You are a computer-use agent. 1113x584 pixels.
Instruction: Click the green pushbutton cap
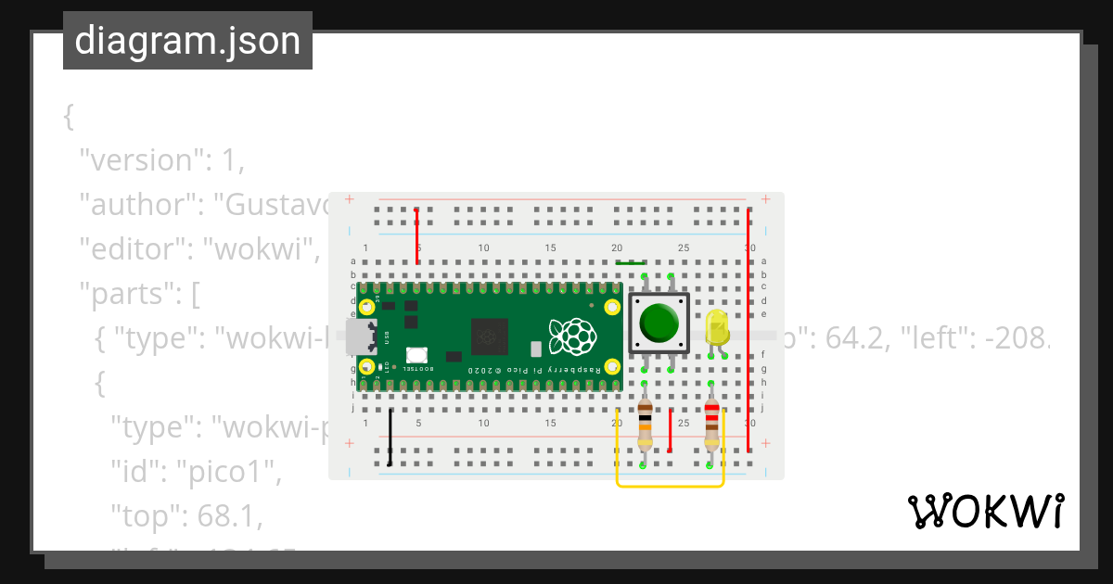(659, 321)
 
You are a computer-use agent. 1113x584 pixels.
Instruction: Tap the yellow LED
(716, 328)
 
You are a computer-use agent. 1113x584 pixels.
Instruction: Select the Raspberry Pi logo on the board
(571, 336)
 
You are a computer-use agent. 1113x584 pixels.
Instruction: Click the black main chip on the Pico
(489, 336)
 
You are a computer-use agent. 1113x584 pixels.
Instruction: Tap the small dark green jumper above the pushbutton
(631, 262)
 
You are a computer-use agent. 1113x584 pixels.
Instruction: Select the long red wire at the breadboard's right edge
(748, 329)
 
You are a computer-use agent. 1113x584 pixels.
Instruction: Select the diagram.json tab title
(187, 41)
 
